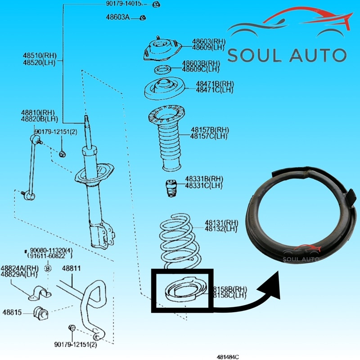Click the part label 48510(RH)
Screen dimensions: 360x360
(39, 56)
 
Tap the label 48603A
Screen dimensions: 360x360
(117, 18)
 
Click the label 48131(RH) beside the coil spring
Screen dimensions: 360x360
(221, 222)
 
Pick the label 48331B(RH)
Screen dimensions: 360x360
(204, 179)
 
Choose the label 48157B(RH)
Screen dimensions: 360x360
(209, 130)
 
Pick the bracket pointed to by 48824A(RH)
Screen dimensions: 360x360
(39, 292)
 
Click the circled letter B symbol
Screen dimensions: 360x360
(49, 269)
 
